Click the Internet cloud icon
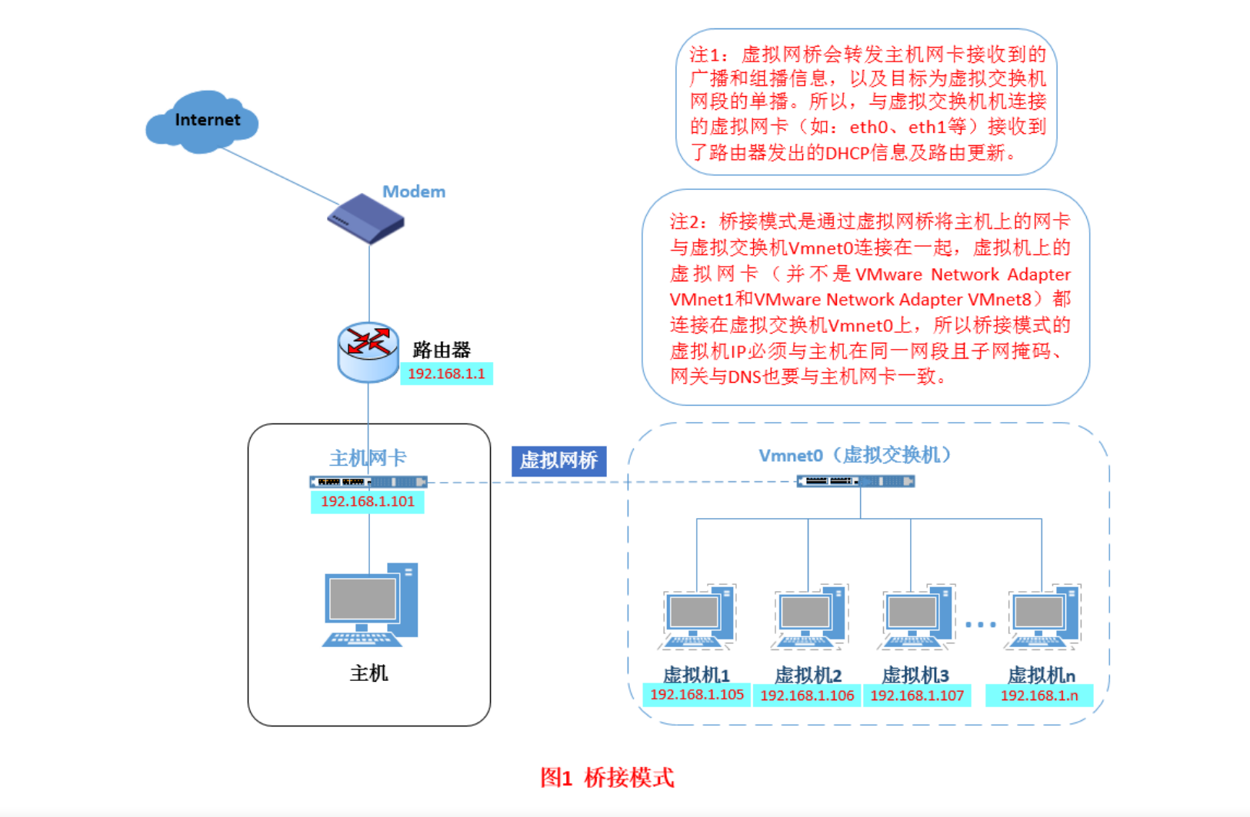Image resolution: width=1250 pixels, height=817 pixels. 202,121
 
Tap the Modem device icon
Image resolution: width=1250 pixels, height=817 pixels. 366,218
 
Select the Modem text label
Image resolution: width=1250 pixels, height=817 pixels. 414,191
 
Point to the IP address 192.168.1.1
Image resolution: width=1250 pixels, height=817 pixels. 446,374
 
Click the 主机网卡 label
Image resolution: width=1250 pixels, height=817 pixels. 368,458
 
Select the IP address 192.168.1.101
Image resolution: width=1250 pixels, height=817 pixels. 368,501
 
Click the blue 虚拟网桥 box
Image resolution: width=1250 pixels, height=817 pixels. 558,460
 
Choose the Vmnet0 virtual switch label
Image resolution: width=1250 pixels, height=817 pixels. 855,455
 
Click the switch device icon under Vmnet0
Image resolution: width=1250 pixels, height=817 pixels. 855,481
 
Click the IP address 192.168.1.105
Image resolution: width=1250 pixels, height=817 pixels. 697,695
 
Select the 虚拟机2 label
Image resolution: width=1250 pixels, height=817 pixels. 808,675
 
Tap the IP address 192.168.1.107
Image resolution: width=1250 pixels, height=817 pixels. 917,696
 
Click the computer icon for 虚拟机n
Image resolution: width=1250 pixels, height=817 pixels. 1044,616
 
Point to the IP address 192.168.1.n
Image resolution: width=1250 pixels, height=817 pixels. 1039,696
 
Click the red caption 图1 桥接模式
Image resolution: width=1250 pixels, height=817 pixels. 607,777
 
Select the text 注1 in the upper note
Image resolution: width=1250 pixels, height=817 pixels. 707,55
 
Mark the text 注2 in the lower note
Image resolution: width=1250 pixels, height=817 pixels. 686,222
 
